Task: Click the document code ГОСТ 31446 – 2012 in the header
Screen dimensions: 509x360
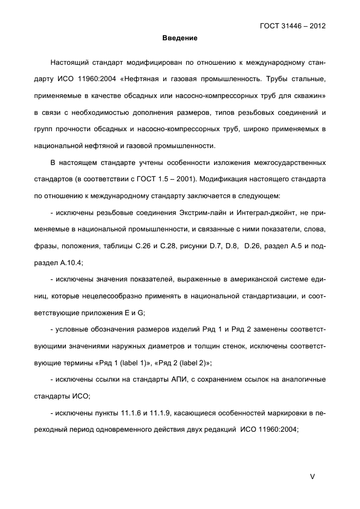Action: (x=294, y=25)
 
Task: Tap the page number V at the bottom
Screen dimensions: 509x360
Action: (x=312, y=476)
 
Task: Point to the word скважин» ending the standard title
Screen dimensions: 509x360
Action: (x=311, y=98)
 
